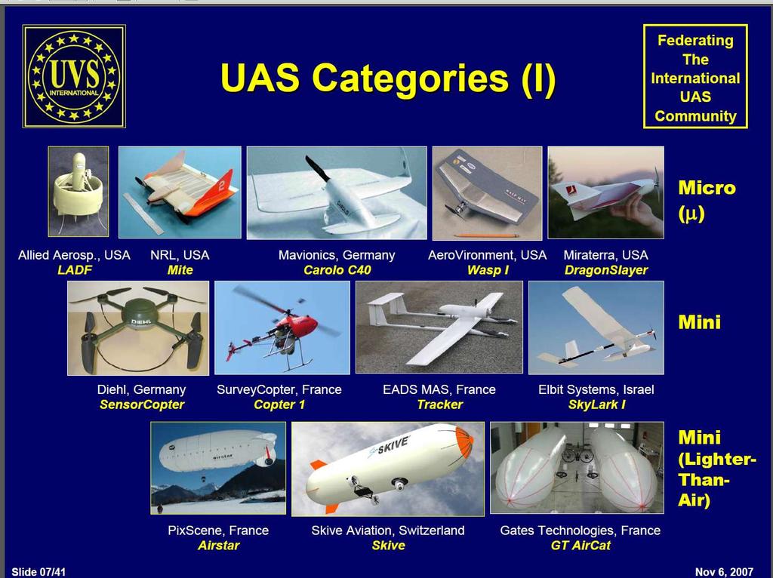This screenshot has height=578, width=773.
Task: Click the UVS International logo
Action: point(74,76)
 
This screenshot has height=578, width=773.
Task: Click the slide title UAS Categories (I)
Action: point(389,78)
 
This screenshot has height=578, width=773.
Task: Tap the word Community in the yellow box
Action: point(695,115)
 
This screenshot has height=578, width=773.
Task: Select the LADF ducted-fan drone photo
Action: point(79,191)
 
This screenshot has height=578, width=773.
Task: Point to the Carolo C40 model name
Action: point(337,270)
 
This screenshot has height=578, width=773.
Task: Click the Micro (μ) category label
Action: point(707,199)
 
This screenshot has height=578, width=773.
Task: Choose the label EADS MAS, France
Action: point(439,390)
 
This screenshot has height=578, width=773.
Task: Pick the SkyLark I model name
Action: point(596,404)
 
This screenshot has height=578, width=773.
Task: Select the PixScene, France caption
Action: point(218,530)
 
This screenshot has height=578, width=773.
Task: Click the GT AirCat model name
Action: point(581,546)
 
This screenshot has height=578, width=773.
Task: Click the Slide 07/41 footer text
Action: point(38,572)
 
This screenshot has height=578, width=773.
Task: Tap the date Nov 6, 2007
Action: point(724,572)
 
